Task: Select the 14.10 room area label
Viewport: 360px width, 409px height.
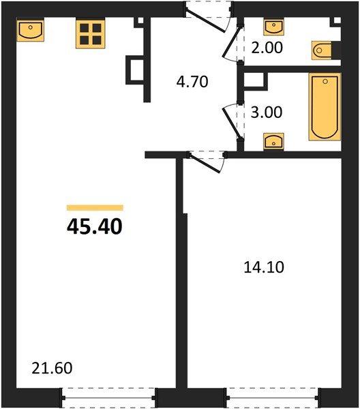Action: tap(262, 267)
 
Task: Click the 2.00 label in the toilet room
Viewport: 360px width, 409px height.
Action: tap(267, 50)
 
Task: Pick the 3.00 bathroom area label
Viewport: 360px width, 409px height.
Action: tap(267, 112)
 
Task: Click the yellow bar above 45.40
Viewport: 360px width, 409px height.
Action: tap(94, 207)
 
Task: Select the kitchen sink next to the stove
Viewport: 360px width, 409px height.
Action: tap(30, 31)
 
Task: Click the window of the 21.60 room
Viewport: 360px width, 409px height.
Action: tap(108, 395)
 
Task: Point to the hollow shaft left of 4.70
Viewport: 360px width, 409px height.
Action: tap(134, 70)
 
